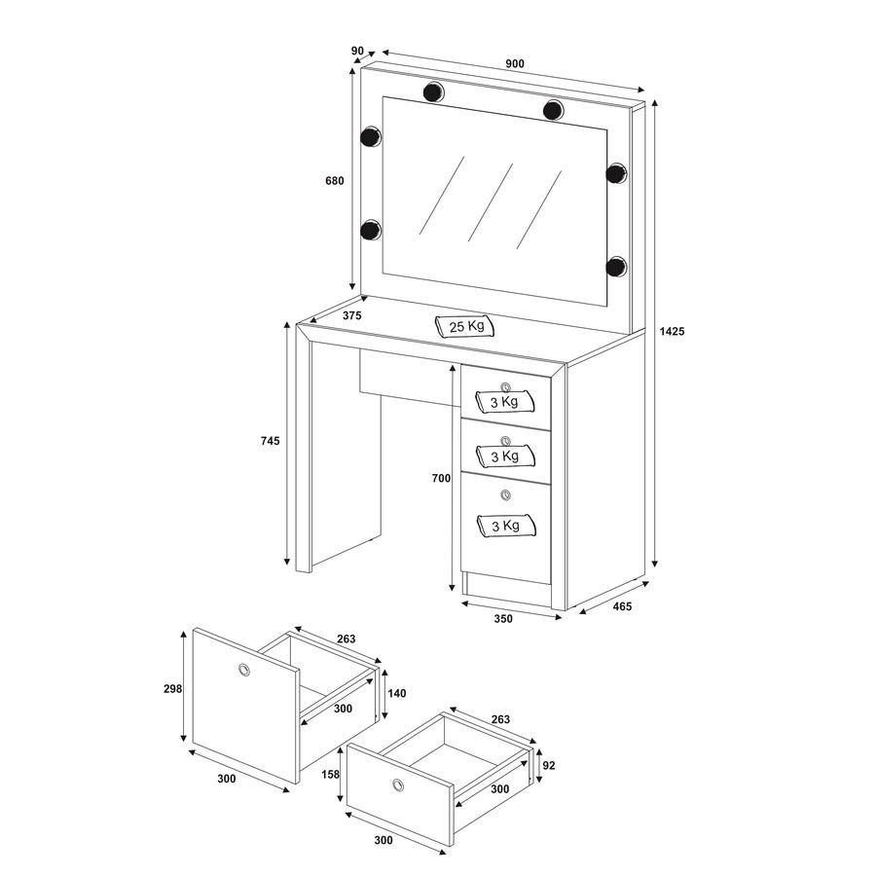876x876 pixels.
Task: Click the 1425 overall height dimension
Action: [x=672, y=331]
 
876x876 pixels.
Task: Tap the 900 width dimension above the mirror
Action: [x=515, y=63]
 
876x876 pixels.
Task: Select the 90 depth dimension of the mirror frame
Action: [x=357, y=51]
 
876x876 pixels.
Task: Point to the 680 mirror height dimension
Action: [x=335, y=180]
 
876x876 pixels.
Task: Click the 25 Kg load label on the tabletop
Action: [x=466, y=326]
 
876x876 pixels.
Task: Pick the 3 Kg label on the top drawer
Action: [x=504, y=402]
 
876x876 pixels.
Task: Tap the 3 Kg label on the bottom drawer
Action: [x=505, y=526]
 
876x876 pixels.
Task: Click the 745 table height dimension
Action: [x=270, y=441]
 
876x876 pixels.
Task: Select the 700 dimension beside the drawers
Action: [x=441, y=478]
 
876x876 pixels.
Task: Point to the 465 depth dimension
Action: [x=622, y=606]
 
